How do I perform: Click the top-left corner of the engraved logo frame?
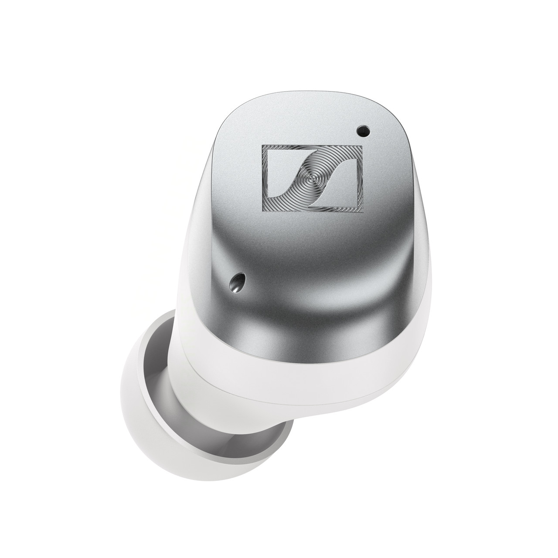262,145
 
